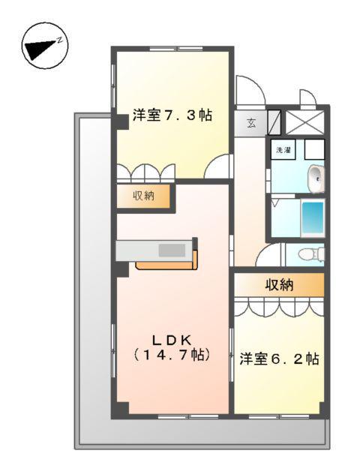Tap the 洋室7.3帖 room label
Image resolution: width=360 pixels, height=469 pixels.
click(x=172, y=116)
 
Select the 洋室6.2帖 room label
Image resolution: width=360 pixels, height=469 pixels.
click(x=280, y=358)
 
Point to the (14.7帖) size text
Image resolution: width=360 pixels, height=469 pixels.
click(x=170, y=353)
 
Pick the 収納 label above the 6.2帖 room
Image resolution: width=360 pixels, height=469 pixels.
click(x=278, y=284)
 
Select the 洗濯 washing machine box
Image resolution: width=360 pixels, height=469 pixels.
click(x=284, y=150)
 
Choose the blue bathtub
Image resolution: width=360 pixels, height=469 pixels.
click(x=312, y=218)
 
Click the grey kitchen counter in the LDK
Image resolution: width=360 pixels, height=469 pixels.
click(x=156, y=250)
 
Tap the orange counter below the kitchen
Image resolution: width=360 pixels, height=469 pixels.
click(x=166, y=264)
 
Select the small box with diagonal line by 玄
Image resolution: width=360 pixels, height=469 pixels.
click(x=273, y=122)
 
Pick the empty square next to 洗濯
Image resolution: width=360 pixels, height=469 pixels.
click(x=314, y=149)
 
